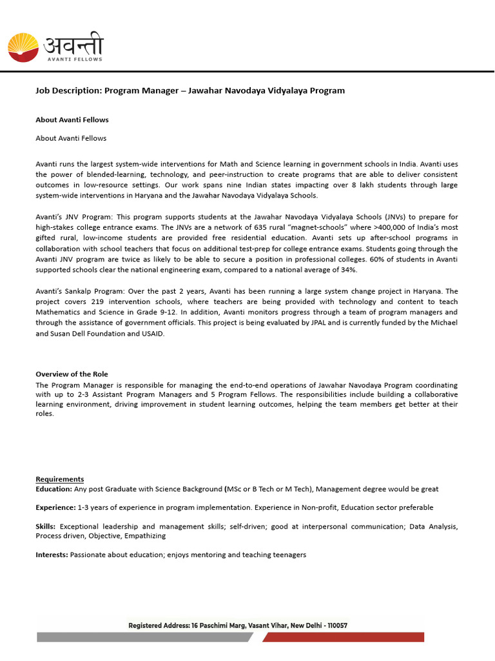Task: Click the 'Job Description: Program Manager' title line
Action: [189, 90]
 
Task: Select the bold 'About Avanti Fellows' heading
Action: [72, 119]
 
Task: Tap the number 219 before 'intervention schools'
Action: [97, 301]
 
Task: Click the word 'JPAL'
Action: [320, 322]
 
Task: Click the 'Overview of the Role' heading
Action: [72, 374]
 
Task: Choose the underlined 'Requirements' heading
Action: [59, 479]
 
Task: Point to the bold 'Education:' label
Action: [54, 489]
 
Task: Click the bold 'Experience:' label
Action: [55, 507]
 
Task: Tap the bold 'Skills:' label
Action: [45, 527]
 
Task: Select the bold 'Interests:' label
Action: [52, 554]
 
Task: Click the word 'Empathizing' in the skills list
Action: [146, 536]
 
